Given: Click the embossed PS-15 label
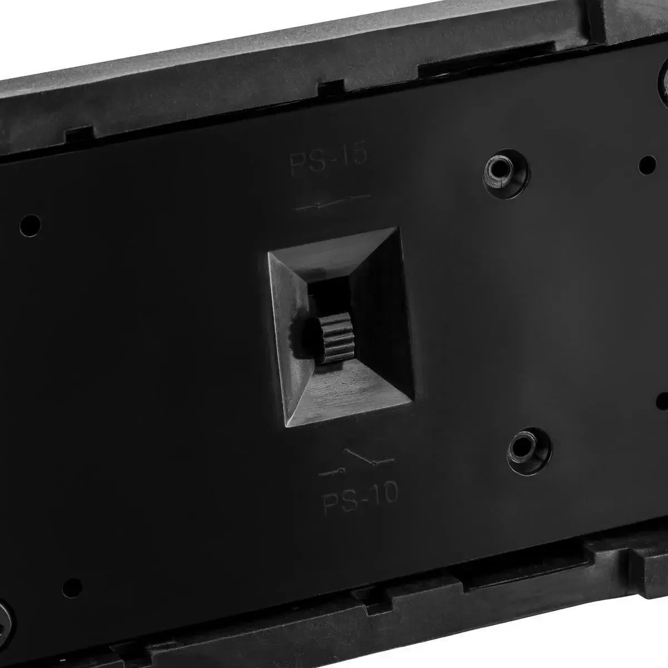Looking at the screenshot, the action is pyautogui.click(x=328, y=161).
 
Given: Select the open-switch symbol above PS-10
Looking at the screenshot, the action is pyautogui.click(x=357, y=462).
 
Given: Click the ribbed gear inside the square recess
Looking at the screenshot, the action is pyautogui.click(x=336, y=337).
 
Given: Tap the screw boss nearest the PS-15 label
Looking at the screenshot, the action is pyautogui.click(x=506, y=174).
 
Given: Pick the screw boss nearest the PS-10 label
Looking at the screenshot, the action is pyautogui.click(x=529, y=451).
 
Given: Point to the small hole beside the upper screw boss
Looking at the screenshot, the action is pyautogui.click(x=647, y=165).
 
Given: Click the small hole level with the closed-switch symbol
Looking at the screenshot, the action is pyautogui.click(x=31, y=225).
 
